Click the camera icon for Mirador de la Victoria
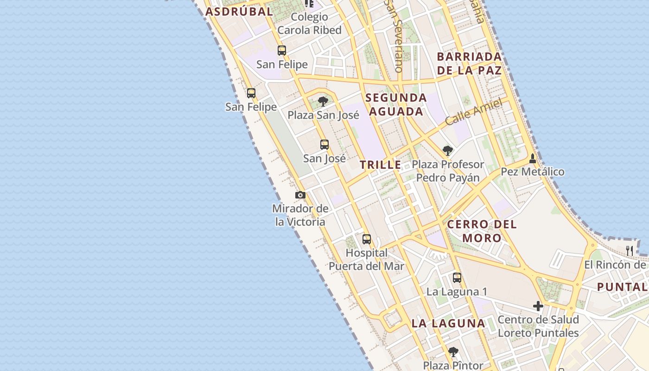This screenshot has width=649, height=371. [x=300, y=195]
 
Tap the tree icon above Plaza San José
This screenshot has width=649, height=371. [x=323, y=101]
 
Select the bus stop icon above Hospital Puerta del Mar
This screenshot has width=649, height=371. [x=367, y=239]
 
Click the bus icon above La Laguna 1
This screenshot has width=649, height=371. [x=457, y=278]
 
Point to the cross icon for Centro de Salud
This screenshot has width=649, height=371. [x=538, y=306]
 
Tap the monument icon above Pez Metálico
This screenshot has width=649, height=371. [x=533, y=159]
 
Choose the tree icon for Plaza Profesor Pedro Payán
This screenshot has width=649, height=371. [x=447, y=151]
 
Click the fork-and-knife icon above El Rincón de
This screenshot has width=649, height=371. [x=630, y=251]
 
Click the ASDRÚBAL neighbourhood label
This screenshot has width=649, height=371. [x=239, y=12]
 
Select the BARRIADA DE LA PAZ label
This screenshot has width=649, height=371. [x=470, y=64]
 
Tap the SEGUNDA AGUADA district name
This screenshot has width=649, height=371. [x=396, y=104]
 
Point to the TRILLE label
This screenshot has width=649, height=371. [x=381, y=165]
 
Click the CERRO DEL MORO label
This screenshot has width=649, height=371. [x=482, y=231]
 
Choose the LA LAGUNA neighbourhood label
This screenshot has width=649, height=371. [x=448, y=323]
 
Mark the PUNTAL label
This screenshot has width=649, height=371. [x=622, y=287]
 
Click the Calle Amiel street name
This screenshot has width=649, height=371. [x=474, y=112]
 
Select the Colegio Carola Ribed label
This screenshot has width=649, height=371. [x=309, y=24]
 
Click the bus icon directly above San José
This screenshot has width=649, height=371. [x=324, y=145]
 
